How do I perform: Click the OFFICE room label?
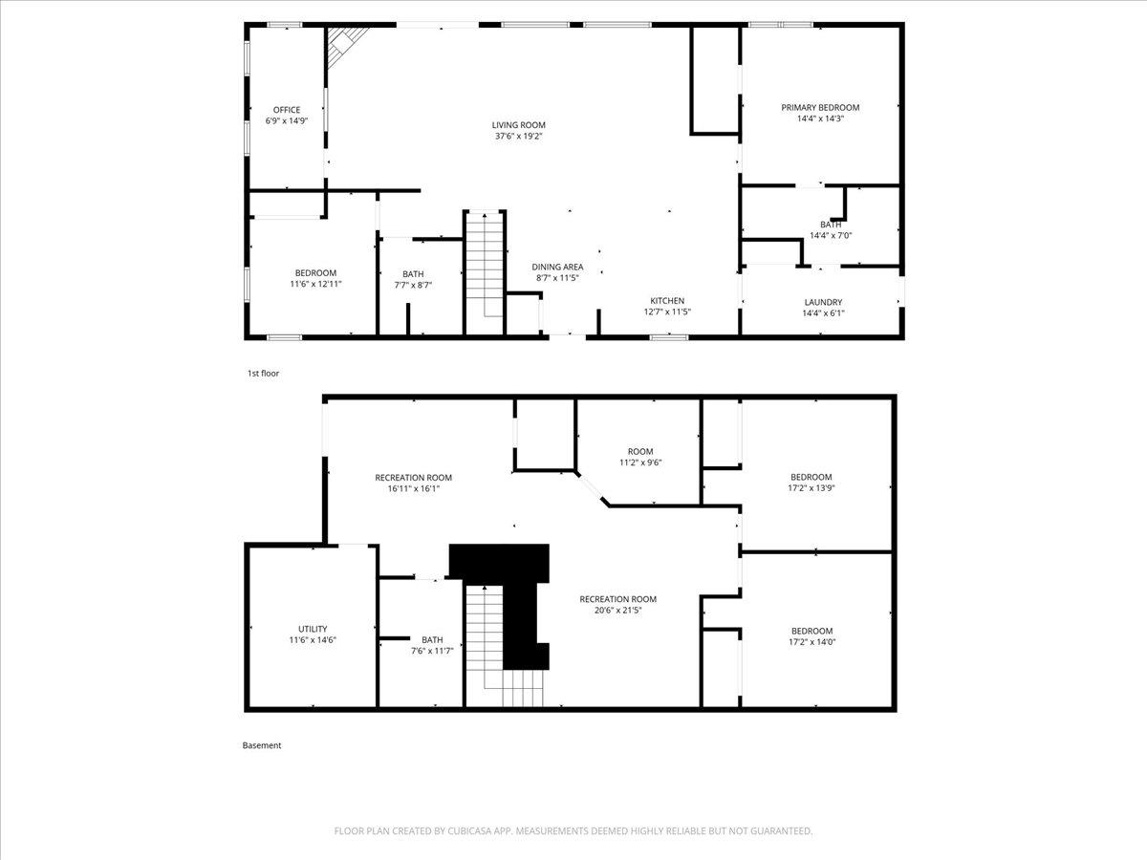pos(287,110)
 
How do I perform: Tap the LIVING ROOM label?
pos(518,125)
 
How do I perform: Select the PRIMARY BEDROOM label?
pos(820,108)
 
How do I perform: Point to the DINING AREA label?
pos(557,267)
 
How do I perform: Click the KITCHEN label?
pos(667,301)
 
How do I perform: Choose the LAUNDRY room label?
pos(823,302)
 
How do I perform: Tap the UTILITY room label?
pos(313,629)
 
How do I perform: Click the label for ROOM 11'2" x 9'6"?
pos(640,452)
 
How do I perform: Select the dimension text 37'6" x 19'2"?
pos(518,137)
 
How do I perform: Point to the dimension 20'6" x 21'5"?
pos(617,610)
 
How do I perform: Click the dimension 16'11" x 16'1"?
pos(413,488)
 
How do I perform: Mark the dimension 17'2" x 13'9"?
pos(811,488)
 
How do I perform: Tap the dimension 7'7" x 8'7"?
pos(413,285)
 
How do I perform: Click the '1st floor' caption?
pos(263,374)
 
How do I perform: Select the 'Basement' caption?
pos(261,745)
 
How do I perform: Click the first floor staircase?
pos(485,271)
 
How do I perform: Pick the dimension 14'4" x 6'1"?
pos(823,313)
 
